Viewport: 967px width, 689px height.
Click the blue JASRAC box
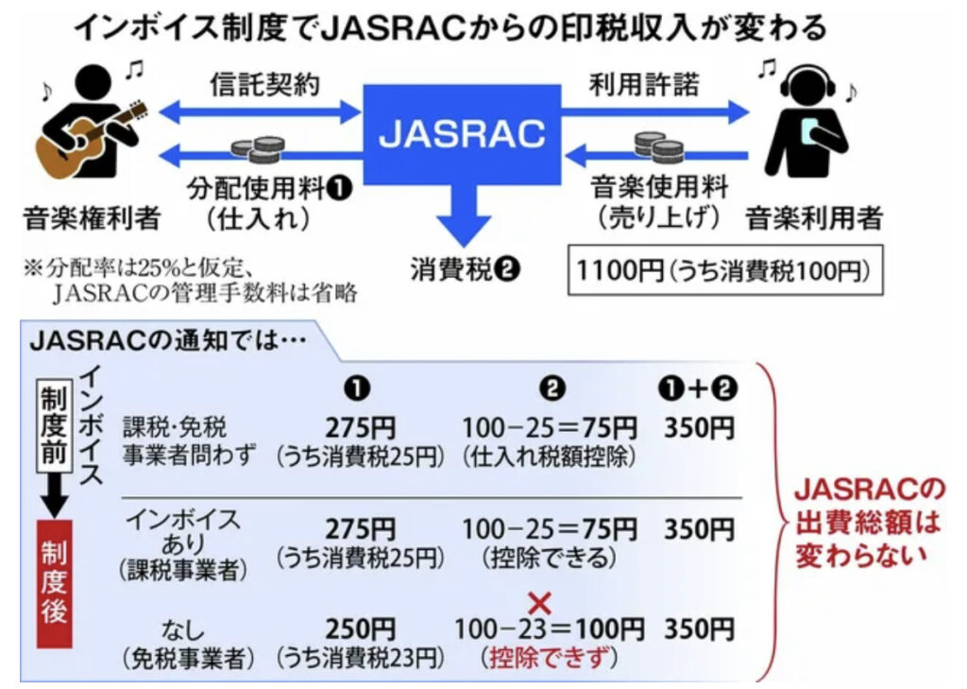462,134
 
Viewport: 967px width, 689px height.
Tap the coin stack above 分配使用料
258,149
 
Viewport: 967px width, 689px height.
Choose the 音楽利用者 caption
814,219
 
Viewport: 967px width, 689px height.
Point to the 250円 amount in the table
360,628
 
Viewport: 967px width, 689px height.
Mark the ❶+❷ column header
699,388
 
